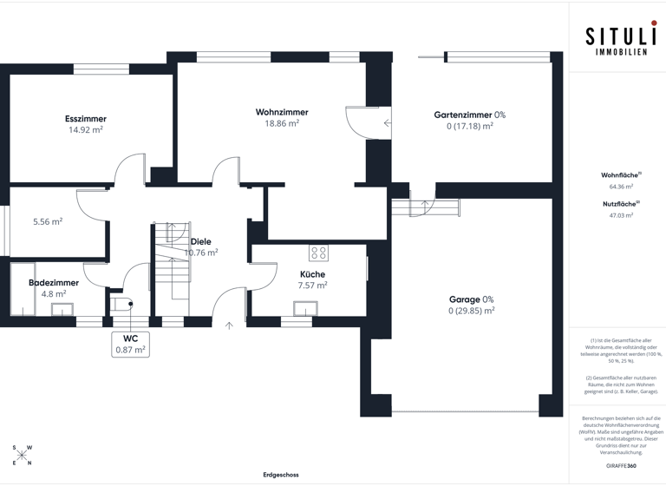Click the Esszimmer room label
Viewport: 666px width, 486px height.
point(86,119)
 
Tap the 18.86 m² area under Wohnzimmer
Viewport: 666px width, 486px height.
point(282,123)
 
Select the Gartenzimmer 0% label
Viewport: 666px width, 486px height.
point(469,115)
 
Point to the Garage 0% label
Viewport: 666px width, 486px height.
point(471,299)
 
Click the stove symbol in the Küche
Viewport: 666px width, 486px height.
point(318,253)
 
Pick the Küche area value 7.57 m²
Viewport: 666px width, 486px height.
point(312,285)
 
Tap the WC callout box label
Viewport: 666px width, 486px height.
point(130,338)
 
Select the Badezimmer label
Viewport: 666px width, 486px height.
point(54,283)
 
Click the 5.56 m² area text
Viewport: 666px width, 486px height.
point(48,221)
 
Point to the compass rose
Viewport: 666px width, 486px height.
point(23,455)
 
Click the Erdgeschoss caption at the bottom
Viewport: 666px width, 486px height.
point(281,475)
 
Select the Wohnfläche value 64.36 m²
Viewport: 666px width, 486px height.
point(621,186)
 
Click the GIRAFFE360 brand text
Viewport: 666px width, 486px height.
point(621,466)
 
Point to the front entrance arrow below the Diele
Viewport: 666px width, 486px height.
point(229,326)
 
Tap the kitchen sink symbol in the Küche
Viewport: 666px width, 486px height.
point(305,307)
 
